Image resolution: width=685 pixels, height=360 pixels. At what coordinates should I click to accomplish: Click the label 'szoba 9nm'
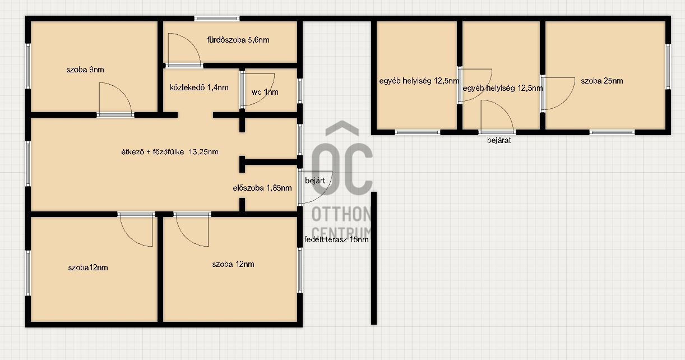(85, 70)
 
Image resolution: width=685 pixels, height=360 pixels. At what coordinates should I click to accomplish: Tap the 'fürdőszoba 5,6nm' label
(238, 40)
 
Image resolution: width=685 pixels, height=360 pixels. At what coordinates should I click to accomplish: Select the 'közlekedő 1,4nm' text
(199, 88)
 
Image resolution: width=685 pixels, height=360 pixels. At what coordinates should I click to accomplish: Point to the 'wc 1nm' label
(265, 92)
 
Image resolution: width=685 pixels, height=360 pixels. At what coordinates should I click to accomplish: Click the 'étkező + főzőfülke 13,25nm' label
(170, 152)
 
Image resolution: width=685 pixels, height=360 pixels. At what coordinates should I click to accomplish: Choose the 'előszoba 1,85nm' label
(262, 188)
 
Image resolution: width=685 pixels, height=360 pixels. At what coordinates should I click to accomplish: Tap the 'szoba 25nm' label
(602, 81)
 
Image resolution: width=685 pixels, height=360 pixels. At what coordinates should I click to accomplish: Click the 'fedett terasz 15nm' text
(336, 239)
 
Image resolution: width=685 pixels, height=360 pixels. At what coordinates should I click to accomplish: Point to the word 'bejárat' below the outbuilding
(499, 140)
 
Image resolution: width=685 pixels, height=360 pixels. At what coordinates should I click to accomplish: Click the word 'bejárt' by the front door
(315, 181)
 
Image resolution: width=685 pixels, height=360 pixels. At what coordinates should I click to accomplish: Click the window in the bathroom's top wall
(217, 19)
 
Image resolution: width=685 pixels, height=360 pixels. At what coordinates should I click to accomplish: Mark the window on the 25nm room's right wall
(668, 67)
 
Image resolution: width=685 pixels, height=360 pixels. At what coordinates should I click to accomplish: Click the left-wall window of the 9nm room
(28, 66)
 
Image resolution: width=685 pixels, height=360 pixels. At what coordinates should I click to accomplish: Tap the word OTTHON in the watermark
(341, 214)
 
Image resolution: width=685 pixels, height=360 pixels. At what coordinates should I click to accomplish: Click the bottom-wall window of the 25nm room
(612, 132)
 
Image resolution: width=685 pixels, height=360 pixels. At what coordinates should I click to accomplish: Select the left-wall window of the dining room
(28, 164)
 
